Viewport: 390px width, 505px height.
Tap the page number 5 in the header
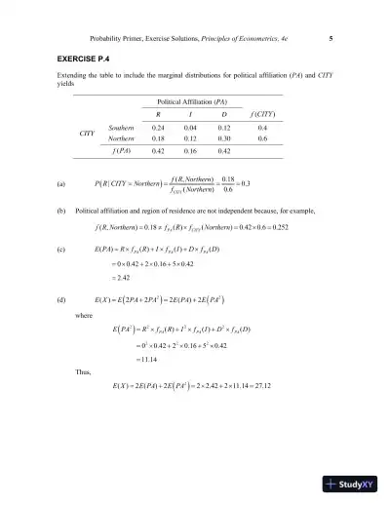pos(331,39)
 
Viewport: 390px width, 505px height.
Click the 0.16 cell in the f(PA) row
pos(191,152)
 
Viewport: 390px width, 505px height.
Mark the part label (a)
pos(62,182)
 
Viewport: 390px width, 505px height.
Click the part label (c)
pos(62,250)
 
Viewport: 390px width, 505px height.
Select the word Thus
pos(83,371)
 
